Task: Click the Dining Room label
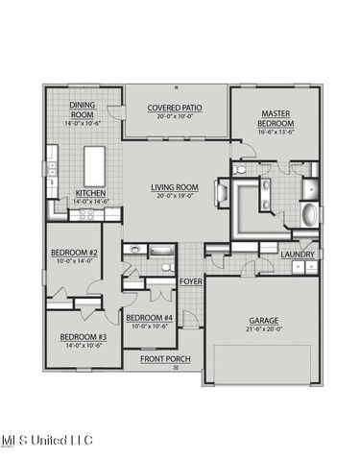tap(84, 109)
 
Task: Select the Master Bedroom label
tap(275, 119)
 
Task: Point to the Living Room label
tap(175, 187)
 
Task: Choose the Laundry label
tap(298, 254)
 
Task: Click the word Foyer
tap(190, 280)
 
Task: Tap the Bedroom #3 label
tap(84, 336)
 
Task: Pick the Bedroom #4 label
tap(151, 318)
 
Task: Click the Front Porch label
tap(166, 359)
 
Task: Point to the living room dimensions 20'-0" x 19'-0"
tap(175, 196)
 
